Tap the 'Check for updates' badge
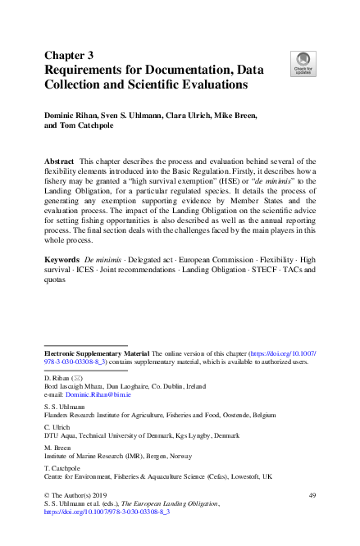302,63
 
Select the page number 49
312,496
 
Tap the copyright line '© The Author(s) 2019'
78,496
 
